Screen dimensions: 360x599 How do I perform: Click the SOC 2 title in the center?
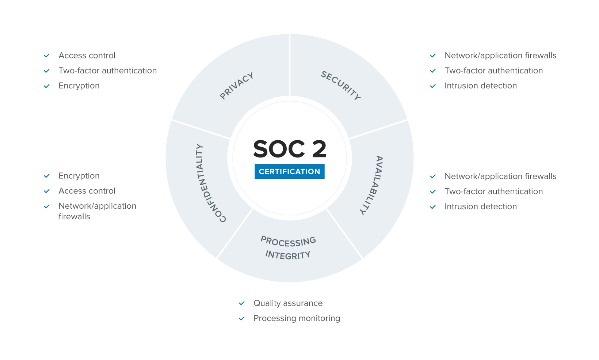coord(289,149)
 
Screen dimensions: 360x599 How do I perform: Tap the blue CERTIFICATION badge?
coord(289,171)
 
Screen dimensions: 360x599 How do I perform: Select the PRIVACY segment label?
coord(237,86)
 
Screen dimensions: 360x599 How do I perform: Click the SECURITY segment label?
coord(341,86)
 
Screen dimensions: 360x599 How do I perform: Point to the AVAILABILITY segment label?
coord(374,185)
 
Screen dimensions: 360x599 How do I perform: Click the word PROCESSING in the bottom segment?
coord(288,241)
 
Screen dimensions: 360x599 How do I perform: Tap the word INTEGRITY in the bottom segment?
coord(288,255)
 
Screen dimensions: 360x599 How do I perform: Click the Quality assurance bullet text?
coord(288,303)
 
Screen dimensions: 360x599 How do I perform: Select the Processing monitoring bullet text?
coord(297,318)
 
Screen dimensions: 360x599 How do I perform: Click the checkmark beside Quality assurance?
coord(242,303)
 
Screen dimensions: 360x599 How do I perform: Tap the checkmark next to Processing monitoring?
coord(242,319)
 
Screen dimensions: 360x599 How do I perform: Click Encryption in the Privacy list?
coord(79,86)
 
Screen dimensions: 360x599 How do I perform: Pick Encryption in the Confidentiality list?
coord(79,176)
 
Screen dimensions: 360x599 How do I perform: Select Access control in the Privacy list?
coord(87,56)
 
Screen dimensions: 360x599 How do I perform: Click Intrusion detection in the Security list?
coord(480,86)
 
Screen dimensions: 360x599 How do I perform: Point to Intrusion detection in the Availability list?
coord(480,206)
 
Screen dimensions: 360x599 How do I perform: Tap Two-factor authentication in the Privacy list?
coord(107,71)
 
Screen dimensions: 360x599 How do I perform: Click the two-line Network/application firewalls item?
coord(97,211)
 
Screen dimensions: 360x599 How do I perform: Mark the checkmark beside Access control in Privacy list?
coord(47,56)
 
